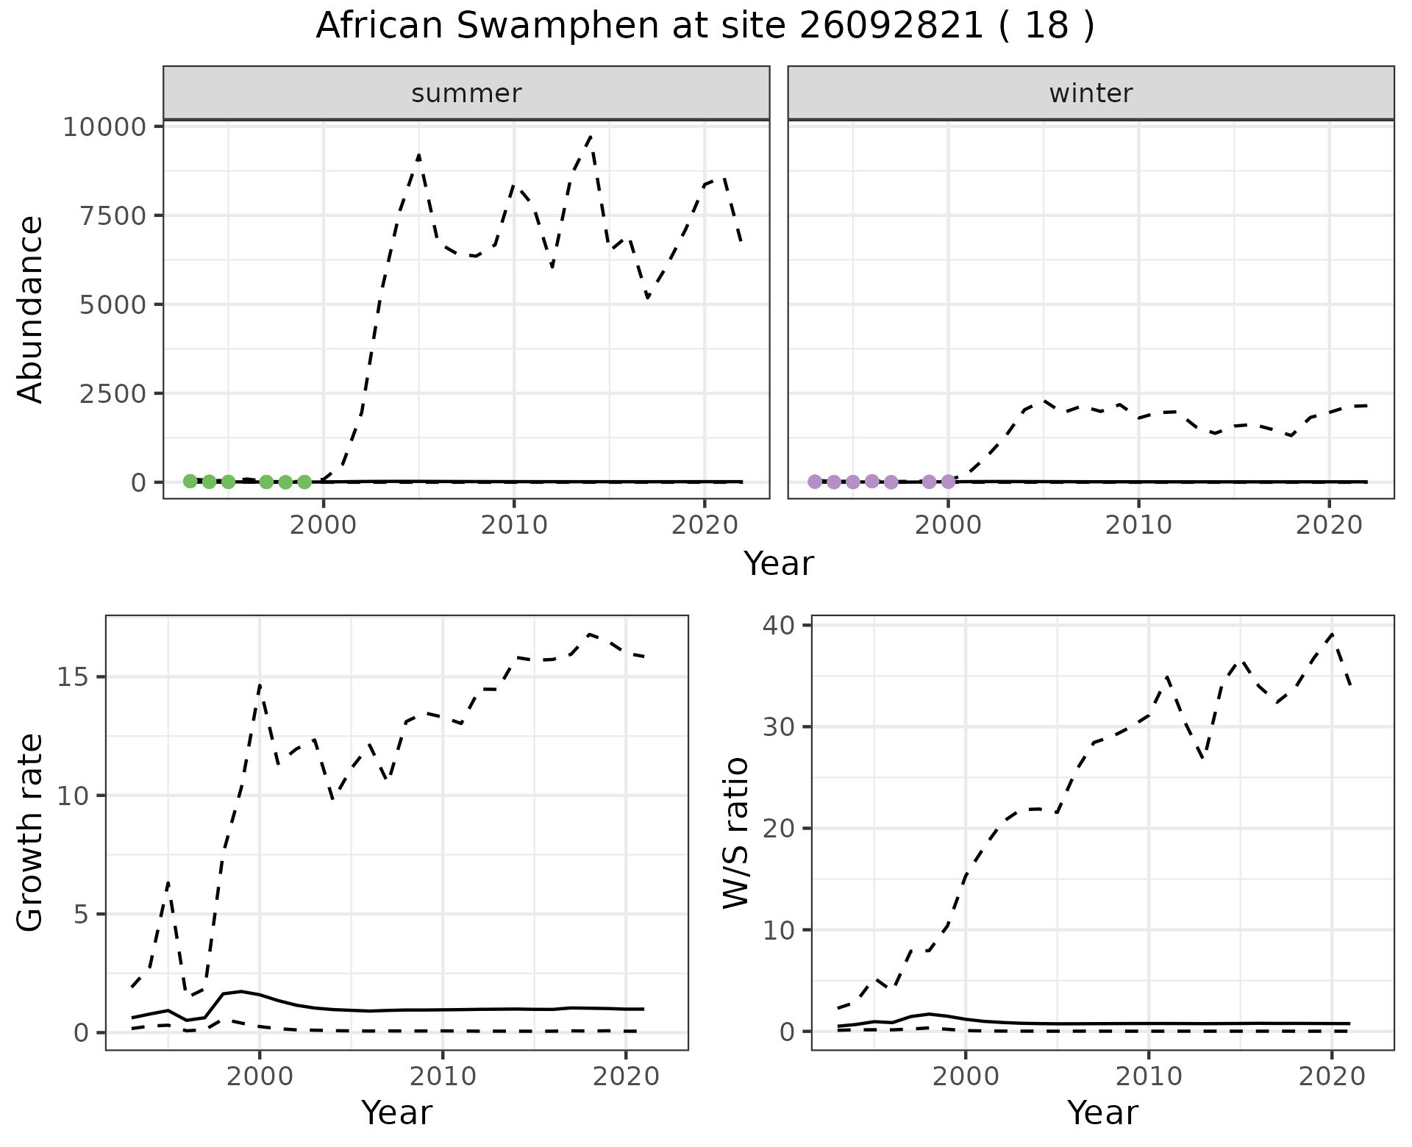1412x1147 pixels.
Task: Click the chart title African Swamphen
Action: pos(705,26)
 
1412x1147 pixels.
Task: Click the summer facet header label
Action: pos(466,93)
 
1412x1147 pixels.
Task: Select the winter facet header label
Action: pos(1091,93)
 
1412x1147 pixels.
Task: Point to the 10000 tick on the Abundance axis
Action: pos(105,127)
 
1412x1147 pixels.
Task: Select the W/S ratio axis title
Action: pos(735,832)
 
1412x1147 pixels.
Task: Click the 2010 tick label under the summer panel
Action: pos(513,526)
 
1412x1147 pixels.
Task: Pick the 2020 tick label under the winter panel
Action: pos(1329,526)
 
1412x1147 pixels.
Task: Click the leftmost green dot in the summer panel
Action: pos(190,481)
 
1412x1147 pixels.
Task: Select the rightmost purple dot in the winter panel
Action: pos(948,482)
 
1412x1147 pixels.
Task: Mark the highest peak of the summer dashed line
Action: pos(591,136)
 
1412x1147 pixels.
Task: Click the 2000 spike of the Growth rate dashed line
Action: pos(260,686)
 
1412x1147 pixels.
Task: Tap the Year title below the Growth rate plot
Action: pos(396,1112)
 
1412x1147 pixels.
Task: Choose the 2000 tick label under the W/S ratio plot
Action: pos(966,1077)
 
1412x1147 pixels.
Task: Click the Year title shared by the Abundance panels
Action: pos(778,564)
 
